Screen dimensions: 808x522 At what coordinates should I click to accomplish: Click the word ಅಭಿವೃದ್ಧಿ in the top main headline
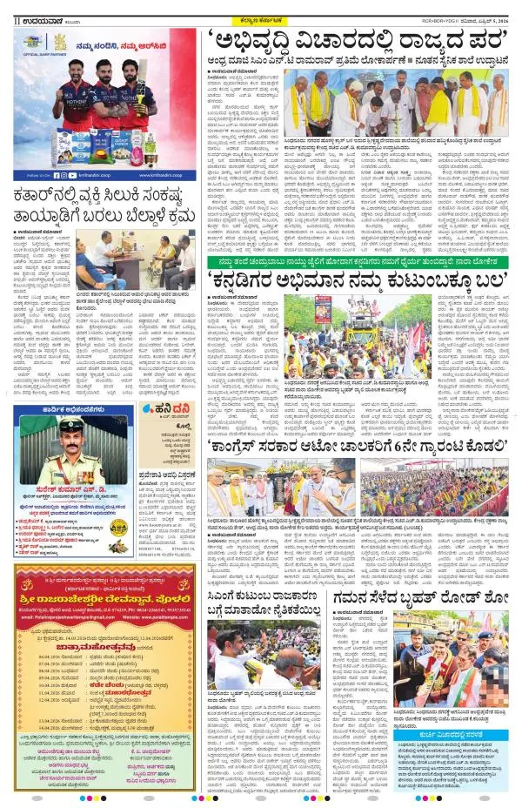pyautogui.click(x=260, y=42)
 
